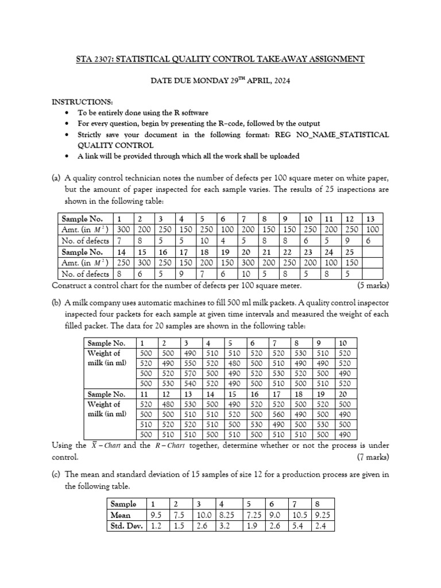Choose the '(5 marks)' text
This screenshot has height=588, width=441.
click(x=373, y=285)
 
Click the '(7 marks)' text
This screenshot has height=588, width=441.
click(x=373, y=457)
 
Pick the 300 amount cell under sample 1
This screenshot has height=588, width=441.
click(x=123, y=230)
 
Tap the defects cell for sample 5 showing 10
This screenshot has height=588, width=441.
click(x=205, y=241)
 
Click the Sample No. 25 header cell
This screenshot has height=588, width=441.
click(x=349, y=252)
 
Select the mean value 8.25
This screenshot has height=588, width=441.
click(x=226, y=514)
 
